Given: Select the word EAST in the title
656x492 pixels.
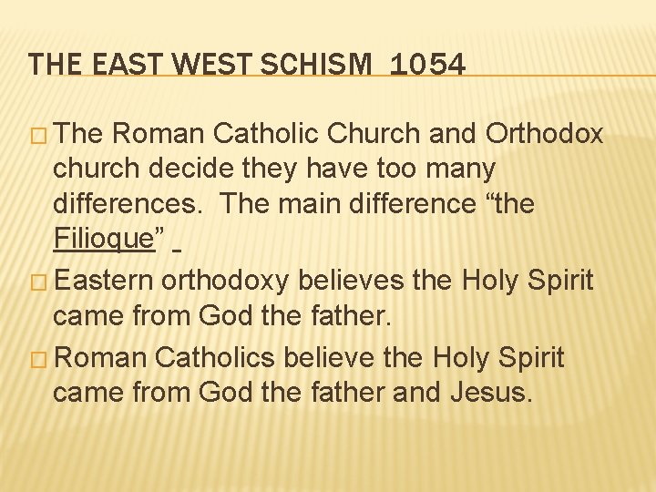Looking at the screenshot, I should coord(118,65).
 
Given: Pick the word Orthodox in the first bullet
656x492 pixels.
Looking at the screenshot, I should coord(545,134).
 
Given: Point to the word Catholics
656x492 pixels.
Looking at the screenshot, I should coord(215,358).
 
